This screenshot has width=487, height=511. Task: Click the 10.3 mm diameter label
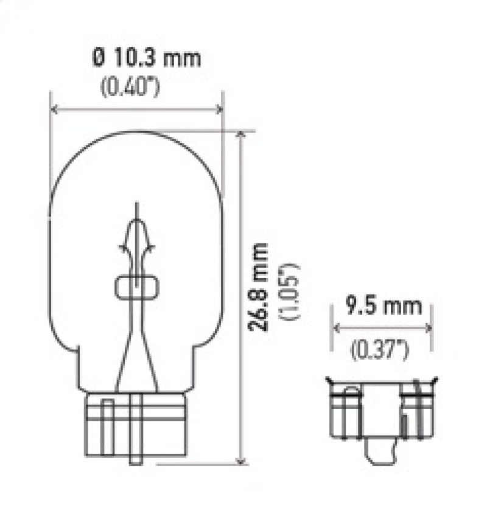146,59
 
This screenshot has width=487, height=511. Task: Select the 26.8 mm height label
259,286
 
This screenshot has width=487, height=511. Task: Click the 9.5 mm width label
384,306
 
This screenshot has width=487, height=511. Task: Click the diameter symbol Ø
100,59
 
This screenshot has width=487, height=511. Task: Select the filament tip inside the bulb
137,207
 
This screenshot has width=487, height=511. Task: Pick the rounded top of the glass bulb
136,137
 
